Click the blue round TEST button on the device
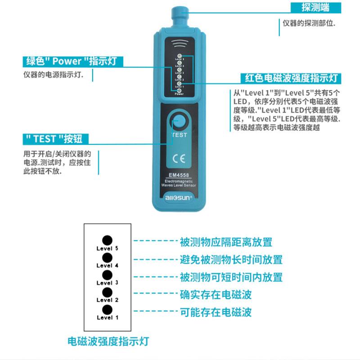coord(179,122)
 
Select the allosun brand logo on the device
coord(179,197)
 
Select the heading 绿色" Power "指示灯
coord(73,61)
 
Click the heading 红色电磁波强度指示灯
coord(291,78)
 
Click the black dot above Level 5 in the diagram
coord(107,240)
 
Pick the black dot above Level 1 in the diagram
coord(107,310)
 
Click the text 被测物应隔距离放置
coord(226,242)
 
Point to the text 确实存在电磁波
coord(216,295)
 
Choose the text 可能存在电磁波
coord(216,312)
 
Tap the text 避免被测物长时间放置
coord(231,260)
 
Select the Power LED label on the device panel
coord(179,94)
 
